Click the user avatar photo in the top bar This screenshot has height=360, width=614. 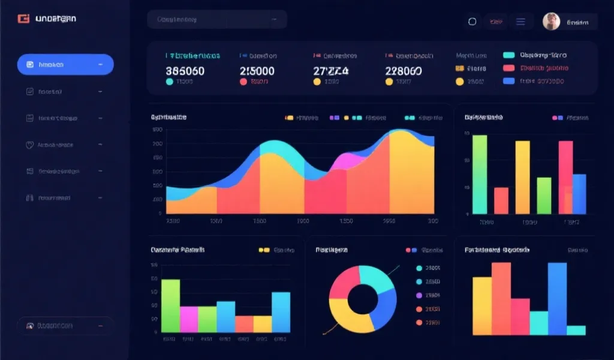pos(551,22)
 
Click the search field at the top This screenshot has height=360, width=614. pos(216,19)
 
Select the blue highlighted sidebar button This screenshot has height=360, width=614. pos(65,64)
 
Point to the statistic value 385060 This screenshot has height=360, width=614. pos(185,71)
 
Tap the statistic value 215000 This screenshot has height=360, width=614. pos(258,71)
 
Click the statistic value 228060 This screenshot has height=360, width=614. pos(403,71)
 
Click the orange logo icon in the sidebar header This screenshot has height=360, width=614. pos(23,19)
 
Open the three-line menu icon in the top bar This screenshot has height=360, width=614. pos(520,22)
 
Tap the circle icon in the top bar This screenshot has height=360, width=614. pos(472,22)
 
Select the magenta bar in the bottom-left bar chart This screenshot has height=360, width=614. pos(189,319)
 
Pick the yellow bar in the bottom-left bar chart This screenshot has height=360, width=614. pos(263,324)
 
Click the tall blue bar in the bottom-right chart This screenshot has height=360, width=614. pos(557,298)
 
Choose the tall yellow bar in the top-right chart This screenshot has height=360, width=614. pos(522,177)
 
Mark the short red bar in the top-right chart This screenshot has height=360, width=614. pos(501,200)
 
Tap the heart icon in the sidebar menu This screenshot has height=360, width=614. pos(29,145)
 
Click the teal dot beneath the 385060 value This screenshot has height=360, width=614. pos(169,82)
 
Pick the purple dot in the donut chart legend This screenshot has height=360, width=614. pos(419,295)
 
